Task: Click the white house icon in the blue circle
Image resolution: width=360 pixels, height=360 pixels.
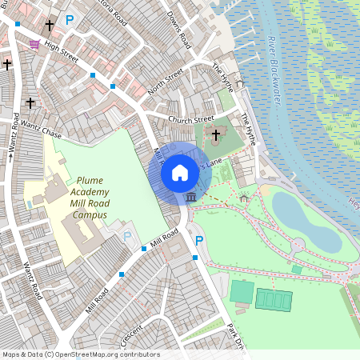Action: (x=180, y=172)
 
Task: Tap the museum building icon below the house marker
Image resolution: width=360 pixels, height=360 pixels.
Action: (x=190, y=197)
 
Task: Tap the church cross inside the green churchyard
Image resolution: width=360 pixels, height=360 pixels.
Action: (x=216, y=134)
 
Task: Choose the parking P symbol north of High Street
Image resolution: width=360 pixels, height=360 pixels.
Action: (x=70, y=19)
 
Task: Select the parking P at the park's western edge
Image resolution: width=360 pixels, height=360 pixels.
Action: (x=199, y=240)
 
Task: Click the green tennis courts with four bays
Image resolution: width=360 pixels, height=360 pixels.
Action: (x=274, y=299)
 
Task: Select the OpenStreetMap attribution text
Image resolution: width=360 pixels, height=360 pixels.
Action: (x=80, y=354)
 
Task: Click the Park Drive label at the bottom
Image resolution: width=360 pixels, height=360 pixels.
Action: (x=234, y=335)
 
